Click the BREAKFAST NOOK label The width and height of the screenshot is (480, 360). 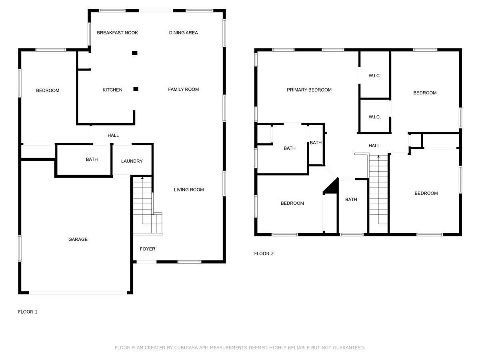click(x=117, y=33)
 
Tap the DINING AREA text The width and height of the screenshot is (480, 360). click(x=183, y=33)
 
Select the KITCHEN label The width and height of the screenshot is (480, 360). click(x=112, y=90)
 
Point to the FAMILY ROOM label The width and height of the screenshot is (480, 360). click(x=183, y=89)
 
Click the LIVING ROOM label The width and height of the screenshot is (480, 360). click(x=189, y=190)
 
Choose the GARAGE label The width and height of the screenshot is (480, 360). click(x=78, y=239)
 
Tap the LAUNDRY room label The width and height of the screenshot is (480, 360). click(x=132, y=161)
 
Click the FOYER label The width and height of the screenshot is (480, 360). click(x=148, y=249)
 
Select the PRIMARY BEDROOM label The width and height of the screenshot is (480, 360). click(x=309, y=90)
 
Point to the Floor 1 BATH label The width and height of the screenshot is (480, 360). click(x=92, y=159)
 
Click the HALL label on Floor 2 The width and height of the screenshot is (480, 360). click(x=374, y=146)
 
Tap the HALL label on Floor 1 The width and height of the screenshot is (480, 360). click(x=113, y=135)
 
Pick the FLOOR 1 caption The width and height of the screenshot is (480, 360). click(x=28, y=312)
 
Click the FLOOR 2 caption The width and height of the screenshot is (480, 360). click(x=264, y=254)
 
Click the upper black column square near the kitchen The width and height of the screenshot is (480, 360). click(x=135, y=53)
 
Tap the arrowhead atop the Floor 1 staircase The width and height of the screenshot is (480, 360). click(x=142, y=178)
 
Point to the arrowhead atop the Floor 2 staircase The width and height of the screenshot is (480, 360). click(x=378, y=156)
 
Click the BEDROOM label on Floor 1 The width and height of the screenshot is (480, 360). click(x=48, y=90)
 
